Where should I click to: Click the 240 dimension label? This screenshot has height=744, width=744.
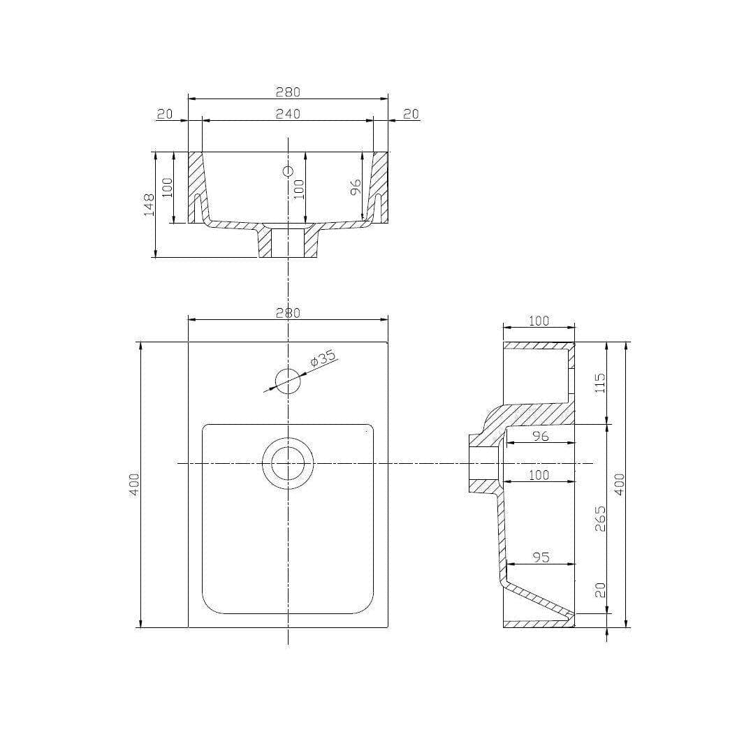[x=288, y=114]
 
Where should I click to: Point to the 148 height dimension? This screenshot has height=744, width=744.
[x=149, y=205]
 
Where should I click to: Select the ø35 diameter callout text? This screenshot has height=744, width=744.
[x=323, y=358]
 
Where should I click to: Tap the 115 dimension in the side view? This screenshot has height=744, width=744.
[x=600, y=382]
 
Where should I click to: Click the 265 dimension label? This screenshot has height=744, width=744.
[x=600, y=518]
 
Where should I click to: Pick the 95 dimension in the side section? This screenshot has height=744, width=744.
[x=541, y=557]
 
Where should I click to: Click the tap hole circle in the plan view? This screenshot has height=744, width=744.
[x=288, y=381]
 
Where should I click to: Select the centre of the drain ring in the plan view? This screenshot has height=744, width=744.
[x=288, y=464]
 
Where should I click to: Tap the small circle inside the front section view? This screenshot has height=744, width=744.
[x=288, y=171]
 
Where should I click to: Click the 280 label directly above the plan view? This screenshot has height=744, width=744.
[x=288, y=313]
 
